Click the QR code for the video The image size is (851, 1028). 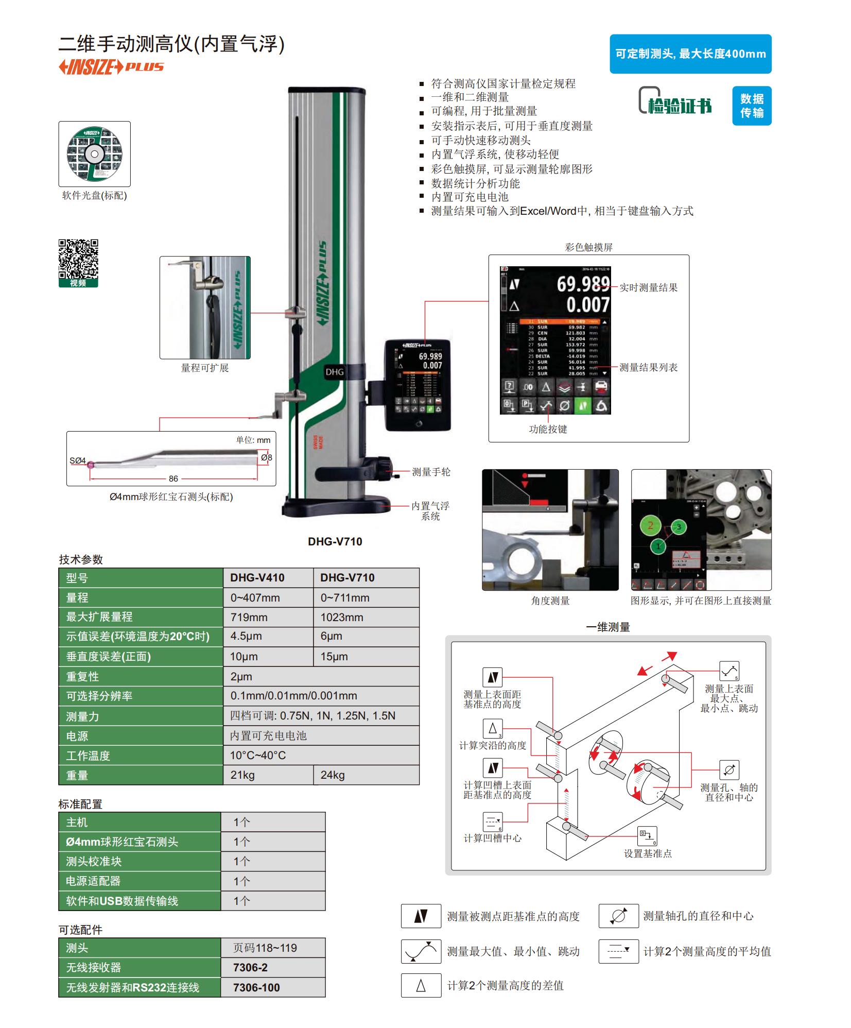[x=78, y=259]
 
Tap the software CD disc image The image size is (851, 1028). [x=94, y=153]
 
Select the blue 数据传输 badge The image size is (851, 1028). [x=751, y=106]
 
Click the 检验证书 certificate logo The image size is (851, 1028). [x=675, y=101]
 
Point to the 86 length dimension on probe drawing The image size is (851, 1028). [x=173, y=478]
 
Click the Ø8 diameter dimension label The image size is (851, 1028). [x=266, y=457]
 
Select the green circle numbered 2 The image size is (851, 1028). [x=650, y=526]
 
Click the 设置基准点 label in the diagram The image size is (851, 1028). [x=648, y=853]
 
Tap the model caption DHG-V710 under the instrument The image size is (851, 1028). [x=335, y=541]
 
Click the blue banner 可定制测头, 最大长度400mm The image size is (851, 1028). [x=690, y=54]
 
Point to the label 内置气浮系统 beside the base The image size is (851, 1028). [x=430, y=511]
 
